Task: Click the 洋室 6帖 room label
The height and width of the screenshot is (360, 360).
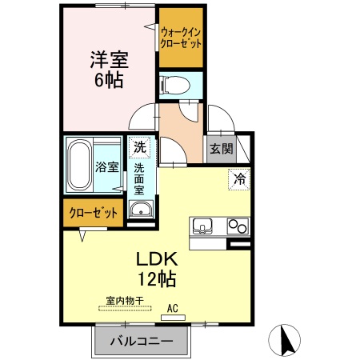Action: (109, 70)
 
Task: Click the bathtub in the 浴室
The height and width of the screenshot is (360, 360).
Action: (80, 165)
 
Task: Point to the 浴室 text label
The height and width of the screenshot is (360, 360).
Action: (107, 168)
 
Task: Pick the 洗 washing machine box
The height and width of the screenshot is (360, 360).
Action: (140, 147)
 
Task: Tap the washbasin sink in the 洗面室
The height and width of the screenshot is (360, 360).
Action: (140, 211)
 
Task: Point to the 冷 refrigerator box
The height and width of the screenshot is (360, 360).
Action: (238, 179)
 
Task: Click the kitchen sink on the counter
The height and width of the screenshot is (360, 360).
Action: (203, 226)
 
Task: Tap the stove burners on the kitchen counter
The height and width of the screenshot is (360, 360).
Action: (238, 226)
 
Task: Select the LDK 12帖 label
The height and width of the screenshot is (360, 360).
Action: (154, 269)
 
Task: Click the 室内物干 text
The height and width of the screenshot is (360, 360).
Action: (124, 301)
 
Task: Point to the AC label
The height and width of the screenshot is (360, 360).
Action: (172, 307)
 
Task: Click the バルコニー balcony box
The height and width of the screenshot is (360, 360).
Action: (142, 341)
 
